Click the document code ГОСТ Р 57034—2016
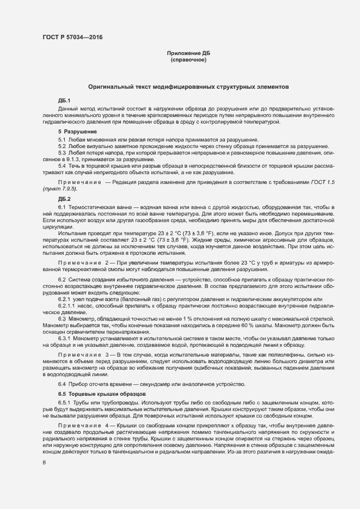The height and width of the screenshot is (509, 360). point(72,38)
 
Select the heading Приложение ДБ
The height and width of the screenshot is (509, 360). point(188,53)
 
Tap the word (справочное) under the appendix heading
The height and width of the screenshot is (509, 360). point(188,60)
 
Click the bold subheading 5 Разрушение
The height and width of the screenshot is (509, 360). point(78,132)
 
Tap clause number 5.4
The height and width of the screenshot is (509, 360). point(62,165)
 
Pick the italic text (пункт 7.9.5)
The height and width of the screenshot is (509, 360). point(60,188)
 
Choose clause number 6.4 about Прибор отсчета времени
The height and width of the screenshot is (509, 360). point(62,384)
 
